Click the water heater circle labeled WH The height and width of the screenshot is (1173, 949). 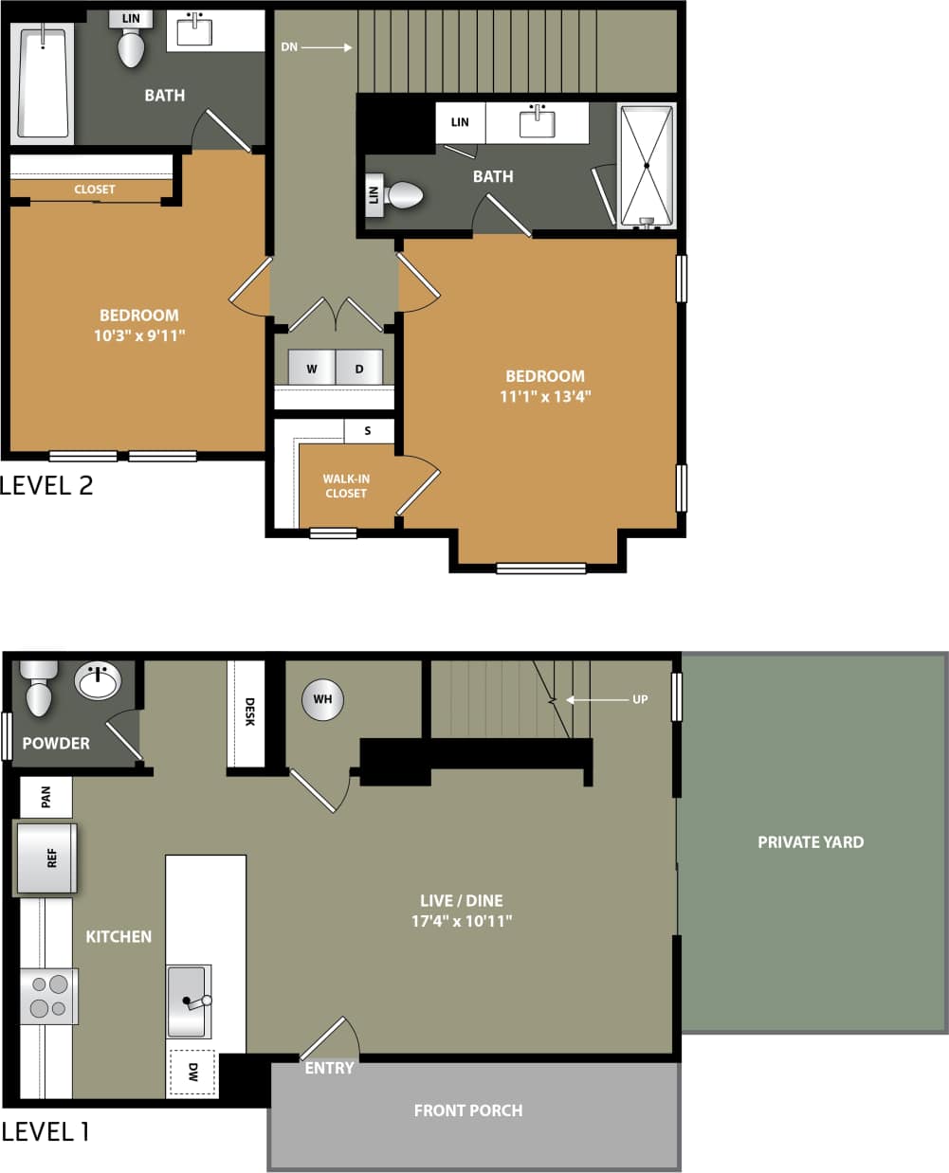coord(322,700)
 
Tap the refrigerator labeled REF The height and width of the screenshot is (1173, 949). coord(46,858)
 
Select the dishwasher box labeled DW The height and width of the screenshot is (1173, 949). coord(192,1073)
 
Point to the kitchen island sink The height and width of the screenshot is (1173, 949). coord(189,1002)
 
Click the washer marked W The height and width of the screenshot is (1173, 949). coord(311,368)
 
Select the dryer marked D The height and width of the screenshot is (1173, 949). coord(359,368)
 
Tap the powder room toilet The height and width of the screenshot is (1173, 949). coord(38,689)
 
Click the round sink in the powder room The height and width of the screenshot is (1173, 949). coord(98,680)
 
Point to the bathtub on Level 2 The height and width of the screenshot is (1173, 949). coord(43,83)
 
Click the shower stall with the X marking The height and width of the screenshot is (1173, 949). coord(647,165)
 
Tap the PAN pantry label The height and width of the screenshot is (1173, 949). coord(46,797)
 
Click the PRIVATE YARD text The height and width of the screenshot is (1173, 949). coord(811,842)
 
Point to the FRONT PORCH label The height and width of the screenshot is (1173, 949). coord(467,1110)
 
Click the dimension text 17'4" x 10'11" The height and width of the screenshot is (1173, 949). coord(462,921)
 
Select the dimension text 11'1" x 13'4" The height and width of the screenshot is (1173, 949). coord(545,397)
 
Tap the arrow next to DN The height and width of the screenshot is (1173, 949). coord(327,46)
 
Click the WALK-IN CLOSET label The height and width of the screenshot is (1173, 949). coord(346,486)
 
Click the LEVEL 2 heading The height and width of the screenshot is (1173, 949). coord(47,485)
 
